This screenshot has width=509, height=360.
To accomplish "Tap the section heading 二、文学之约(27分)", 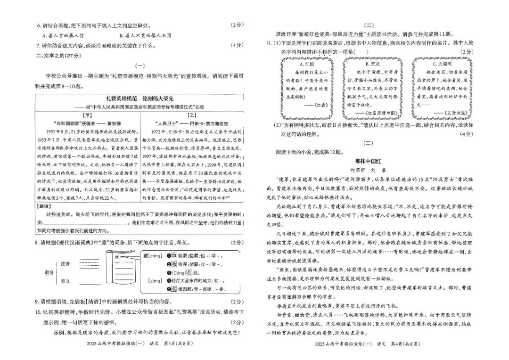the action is (52, 55).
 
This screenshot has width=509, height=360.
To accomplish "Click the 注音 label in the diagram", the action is (66, 263).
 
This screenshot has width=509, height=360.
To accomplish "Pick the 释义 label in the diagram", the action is (66, 281).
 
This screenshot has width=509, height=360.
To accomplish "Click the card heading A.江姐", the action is (307, 63).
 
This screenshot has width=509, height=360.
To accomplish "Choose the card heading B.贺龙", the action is (373, 63).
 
